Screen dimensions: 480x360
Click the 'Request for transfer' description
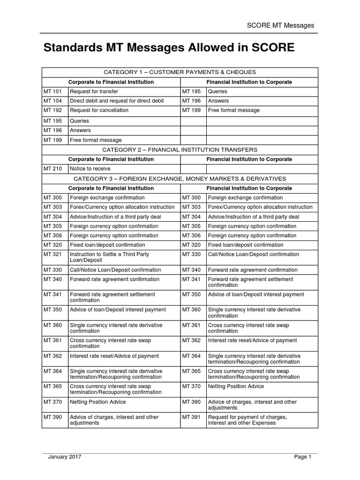(x=94, y=91)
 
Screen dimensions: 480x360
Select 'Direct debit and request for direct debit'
(x=117, y=101)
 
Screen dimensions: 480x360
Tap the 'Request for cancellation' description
(x=99, y=110)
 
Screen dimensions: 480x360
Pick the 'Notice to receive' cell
(x=90, y=169)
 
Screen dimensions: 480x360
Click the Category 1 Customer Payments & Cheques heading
(x=180, y=72)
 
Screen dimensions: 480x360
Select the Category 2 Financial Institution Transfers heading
(x=180, y=150)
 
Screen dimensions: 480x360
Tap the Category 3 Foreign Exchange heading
(x=180, y=179)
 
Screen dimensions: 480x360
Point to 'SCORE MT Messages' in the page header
(x=280, y=25)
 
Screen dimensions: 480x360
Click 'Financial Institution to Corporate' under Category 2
(x=249, y=159)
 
